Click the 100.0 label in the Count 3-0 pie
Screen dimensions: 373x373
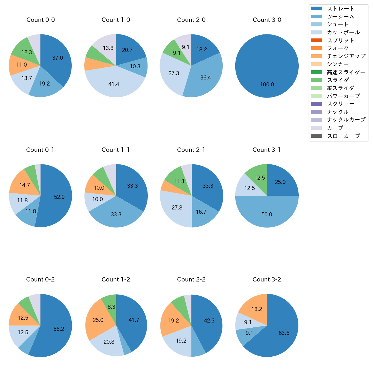point(267,85)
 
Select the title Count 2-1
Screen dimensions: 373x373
point(191,150)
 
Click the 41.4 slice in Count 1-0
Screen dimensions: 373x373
point(114,84)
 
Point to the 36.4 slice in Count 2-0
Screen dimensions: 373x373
point(205,77)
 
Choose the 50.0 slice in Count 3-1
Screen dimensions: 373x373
point(267,214)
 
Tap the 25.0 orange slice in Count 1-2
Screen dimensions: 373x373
point(98,320)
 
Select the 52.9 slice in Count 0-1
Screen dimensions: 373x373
point(59,197)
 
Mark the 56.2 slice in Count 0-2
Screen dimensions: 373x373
point(59,329)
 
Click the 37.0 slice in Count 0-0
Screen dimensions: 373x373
point(57,58)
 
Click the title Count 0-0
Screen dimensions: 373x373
point(40,20)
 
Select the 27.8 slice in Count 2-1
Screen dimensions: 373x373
point(177,207)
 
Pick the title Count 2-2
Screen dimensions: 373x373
point(191,279)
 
